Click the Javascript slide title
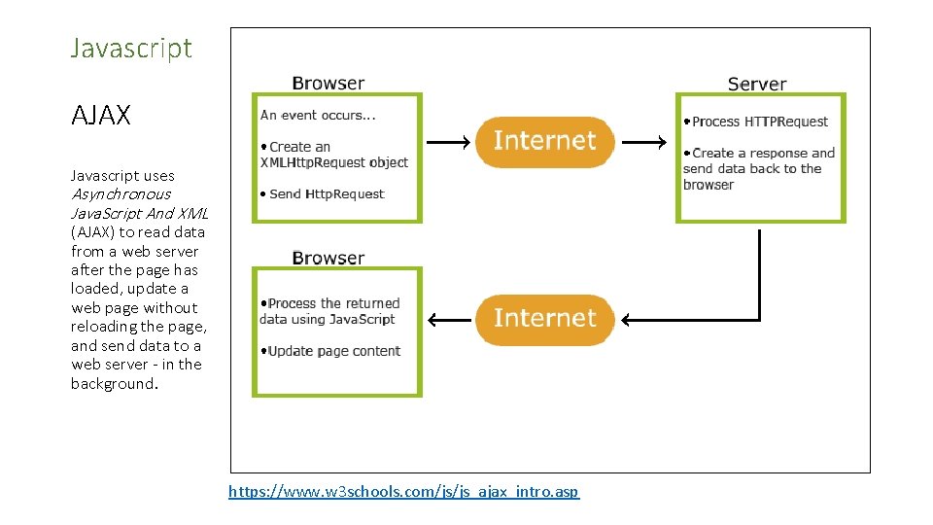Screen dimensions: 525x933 (x=131, y=48)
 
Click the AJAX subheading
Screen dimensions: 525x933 (x=100, y=116)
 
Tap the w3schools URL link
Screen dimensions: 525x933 (x=403, y=492)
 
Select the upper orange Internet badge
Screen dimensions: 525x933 (x=544, y=141)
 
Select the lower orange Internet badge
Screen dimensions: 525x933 (x=544, y=318)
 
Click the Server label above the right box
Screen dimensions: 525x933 (x=756, y=85)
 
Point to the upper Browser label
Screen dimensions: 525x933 (x=328, y=84)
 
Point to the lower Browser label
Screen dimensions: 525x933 (x=328, y=258)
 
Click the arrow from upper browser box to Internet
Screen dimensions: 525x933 (x=449, y=143)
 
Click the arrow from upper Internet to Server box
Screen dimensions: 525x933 (x=644, y=143)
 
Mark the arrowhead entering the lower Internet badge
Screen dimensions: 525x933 (x=628, y=320)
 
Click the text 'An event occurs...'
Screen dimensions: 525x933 (x=318, y=115)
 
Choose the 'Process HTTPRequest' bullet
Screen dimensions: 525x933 (x=755, y=122)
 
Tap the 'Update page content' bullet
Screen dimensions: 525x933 (x=330, y=351)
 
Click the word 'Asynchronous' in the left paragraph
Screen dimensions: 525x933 (x=121, y=194)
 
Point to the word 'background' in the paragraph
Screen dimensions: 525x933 (x=112, y=383)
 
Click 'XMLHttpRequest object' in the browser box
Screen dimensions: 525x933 (x=334, y=162)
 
